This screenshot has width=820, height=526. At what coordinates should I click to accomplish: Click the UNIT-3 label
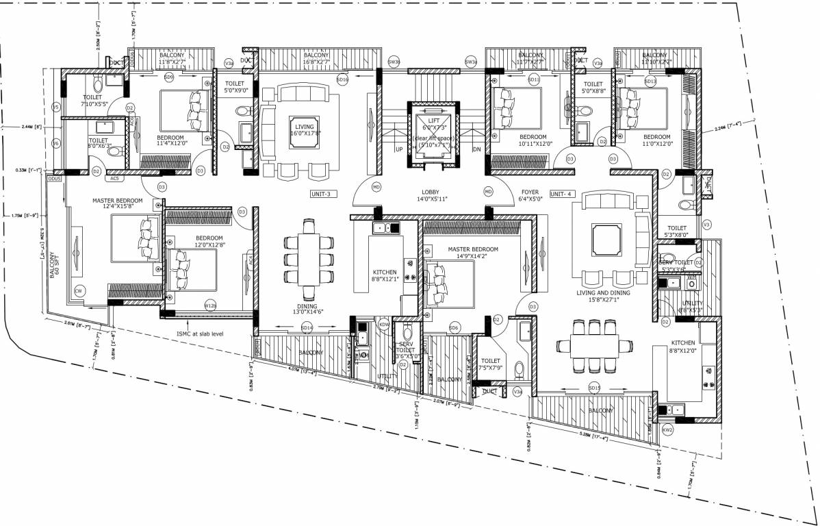pos(320,194)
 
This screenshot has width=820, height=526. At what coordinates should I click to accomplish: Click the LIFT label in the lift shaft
pos(434,120)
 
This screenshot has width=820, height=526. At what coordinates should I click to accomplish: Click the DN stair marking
pos(478,149)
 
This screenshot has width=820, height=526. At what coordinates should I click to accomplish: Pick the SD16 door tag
pos(343,80)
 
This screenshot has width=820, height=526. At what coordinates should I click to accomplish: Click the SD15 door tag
pos(594,388)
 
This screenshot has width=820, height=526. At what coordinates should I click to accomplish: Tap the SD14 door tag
pos(307,329)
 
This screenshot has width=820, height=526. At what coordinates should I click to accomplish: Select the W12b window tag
pos(210,305)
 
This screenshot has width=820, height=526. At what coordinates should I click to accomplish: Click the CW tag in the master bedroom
pos(79,292)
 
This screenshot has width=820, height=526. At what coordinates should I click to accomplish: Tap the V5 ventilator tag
pos(56,108)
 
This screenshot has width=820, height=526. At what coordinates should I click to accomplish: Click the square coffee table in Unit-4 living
pos(604,239)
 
